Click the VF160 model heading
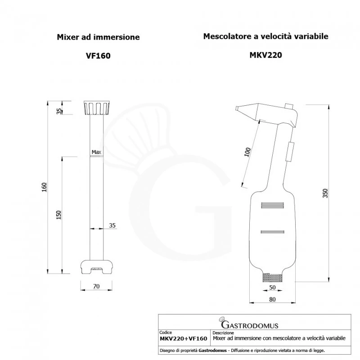98,56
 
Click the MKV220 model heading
265,55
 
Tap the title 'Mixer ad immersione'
98,37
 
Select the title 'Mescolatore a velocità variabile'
265,36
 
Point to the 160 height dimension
44,187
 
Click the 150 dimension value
59,215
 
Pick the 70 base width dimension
96,286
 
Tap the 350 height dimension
325,193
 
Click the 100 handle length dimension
247,152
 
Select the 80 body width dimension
272,299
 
